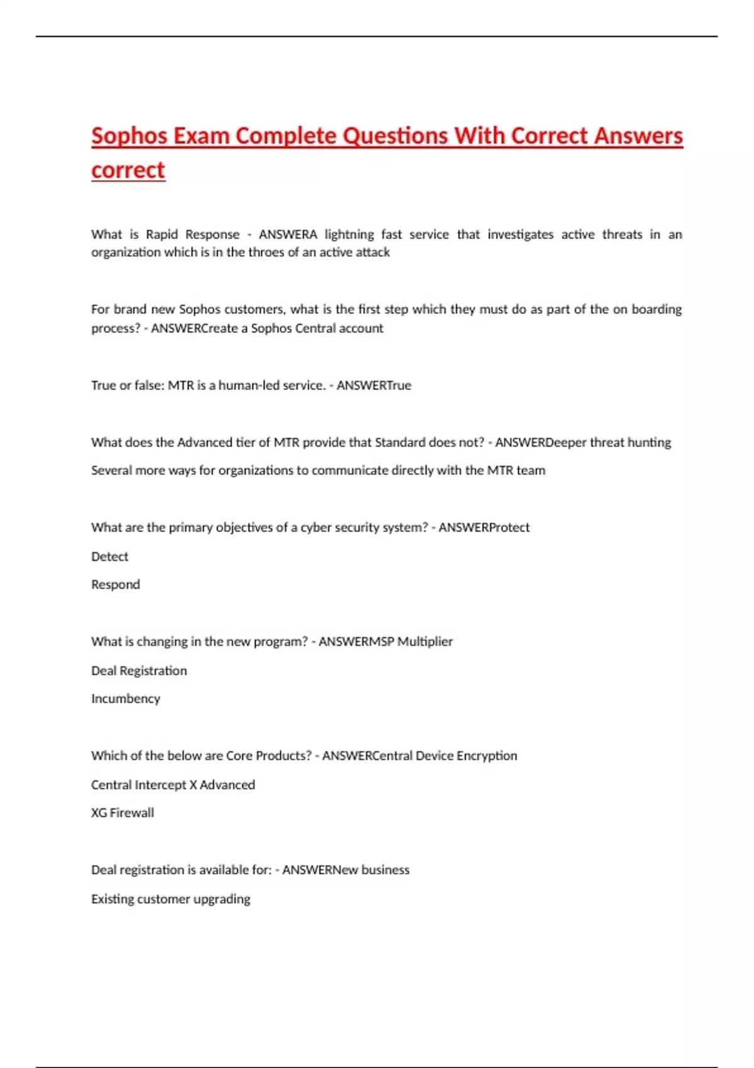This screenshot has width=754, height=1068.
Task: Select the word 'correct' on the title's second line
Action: point(128,170)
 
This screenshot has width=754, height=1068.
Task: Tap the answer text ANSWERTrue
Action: point(374,385)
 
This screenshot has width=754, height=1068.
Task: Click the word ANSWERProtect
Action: point(484,528)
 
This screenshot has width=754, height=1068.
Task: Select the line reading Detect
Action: point(110,557)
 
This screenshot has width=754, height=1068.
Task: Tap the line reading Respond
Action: point(116,584)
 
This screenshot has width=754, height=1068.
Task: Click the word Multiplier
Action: point(425,641)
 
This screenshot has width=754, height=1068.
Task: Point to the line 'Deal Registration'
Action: point(139,671)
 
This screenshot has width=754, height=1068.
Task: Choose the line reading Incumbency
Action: point(126,699)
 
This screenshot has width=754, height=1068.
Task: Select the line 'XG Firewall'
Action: point(123,813)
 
